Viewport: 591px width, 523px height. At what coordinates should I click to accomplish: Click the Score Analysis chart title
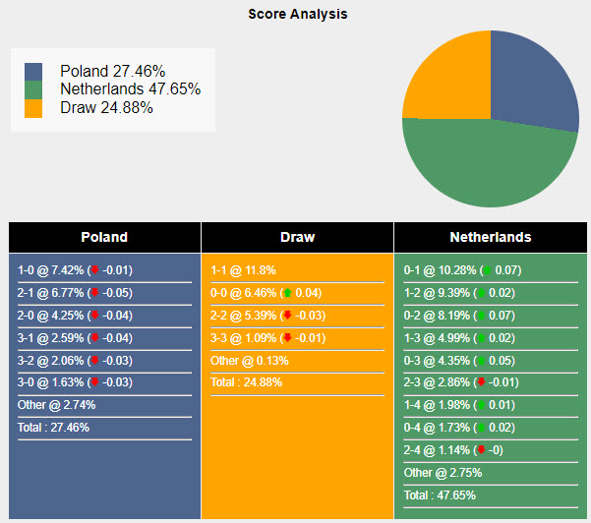297,15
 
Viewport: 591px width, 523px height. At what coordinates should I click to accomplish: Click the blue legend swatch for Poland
33,72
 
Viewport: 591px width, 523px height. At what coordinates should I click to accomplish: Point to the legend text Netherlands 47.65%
130,89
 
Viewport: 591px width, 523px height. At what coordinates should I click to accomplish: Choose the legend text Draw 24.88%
106,107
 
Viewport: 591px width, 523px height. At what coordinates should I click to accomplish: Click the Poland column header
104,237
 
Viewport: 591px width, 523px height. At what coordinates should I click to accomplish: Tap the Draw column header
297,237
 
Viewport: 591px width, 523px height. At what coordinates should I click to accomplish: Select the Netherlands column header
490,237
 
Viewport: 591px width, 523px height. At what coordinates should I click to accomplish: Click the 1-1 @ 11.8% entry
244,270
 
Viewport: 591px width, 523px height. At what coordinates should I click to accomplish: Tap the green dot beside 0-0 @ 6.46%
287,293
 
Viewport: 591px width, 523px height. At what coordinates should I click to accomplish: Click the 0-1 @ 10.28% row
462,270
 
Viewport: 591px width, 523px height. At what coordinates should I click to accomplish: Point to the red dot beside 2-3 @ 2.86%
481,382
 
